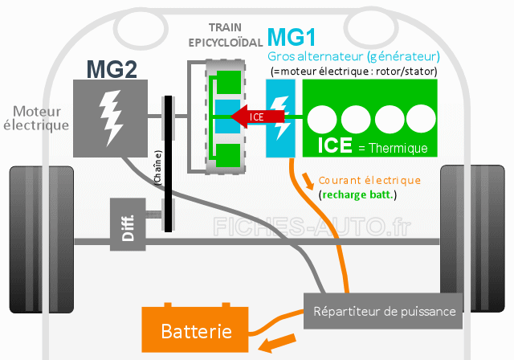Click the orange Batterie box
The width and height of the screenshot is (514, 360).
[x=194, y=329]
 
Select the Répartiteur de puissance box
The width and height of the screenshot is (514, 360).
[x=383, y=311]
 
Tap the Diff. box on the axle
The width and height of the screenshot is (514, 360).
[x=128, y=224]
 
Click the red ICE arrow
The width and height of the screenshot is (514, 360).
[x=257, y=117]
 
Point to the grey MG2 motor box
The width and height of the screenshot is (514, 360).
[x=110, y=118]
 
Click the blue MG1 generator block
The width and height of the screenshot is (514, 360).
[x=280, y=118]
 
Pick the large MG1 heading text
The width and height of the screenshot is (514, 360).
[x=292, y=37]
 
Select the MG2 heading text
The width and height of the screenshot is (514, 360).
[x=112, y=69]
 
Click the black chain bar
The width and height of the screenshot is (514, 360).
[x=168, y=164]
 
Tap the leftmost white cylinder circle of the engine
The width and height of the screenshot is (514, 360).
[x=322, y=120]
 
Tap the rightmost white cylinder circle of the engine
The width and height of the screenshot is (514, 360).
[x=421, y=119]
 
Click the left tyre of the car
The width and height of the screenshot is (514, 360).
[x=42, y=239]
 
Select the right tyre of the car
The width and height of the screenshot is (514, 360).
[x=472, y=239]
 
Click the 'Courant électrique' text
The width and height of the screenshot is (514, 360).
[x=369, y=180]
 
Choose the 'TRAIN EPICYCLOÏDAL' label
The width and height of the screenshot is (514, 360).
[x=226, y=35]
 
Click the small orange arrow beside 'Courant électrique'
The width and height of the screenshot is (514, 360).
[x=308, y=181]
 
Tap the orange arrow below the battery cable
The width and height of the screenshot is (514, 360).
[x=277, y=342]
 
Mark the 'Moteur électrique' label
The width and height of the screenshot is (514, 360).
[x=36, y=118]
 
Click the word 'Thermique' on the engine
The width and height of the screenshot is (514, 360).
[x=398, y=148]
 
